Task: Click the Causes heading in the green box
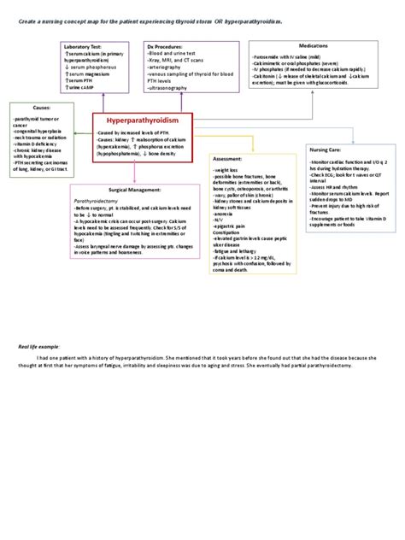pyautogui.click(x=41, y=108)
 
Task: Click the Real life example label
pyautogui.click(x=39, y=346)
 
